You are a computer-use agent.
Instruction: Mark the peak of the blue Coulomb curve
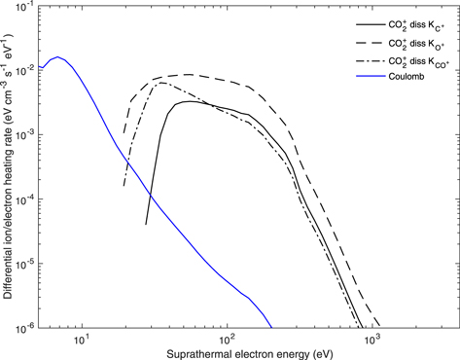click(x=59, y=57)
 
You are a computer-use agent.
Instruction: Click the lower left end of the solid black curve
click(x=147, y=224)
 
